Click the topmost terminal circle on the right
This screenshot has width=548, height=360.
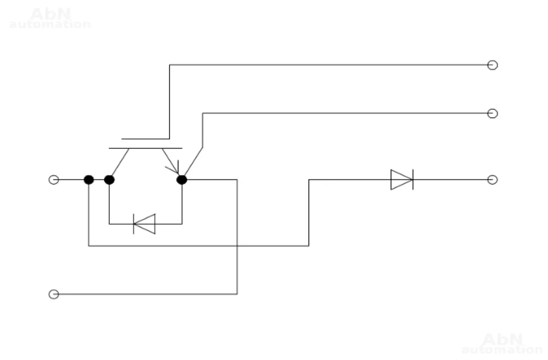click(492, 65)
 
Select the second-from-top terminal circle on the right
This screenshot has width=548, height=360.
click(492, 114)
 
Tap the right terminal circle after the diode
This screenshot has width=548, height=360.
click(492, 180)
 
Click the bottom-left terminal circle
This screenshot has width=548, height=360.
click(53, 294)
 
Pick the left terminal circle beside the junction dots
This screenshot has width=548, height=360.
click(53, 180)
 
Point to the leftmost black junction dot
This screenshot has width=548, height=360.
click(89, 180)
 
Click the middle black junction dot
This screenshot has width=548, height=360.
click(109, 180)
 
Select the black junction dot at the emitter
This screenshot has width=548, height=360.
click(182, 180)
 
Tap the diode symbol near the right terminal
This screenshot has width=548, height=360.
click(402, 180)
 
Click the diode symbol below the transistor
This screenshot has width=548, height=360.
click(145, 224)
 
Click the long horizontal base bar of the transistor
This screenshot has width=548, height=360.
click(146, 148)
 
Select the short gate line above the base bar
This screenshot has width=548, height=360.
click(145, 139)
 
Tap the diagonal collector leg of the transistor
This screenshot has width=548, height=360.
click(120, 162)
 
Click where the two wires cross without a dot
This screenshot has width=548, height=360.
click(237, 246)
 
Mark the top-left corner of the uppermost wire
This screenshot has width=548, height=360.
click(170, 65)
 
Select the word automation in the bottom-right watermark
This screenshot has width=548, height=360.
click(502, 349)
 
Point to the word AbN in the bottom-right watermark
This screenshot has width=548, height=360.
click(502, 339)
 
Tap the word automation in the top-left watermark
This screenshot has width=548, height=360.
click(50, 24)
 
